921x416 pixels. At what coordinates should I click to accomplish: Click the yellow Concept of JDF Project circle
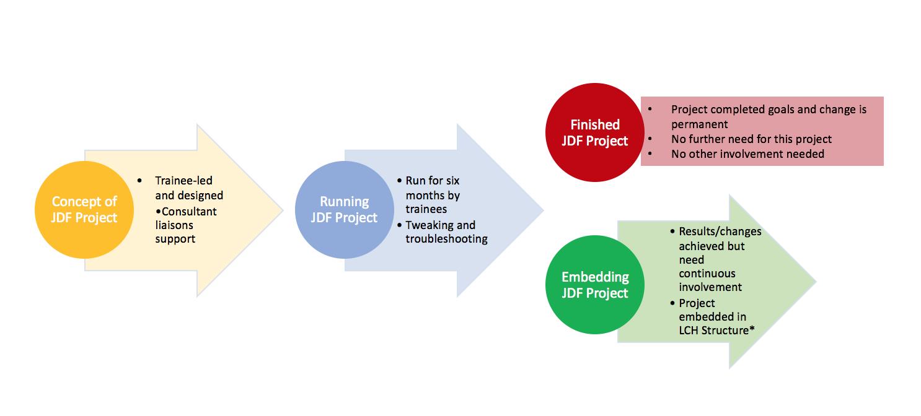[84, 210]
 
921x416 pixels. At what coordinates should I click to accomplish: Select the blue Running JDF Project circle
[345, 210]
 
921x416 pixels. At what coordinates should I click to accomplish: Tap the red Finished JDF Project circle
[594, 132]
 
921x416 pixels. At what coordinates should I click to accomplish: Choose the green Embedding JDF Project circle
[594, 284]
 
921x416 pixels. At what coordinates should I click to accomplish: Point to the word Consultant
[189, 212]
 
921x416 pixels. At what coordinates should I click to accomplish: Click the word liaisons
[174, 225]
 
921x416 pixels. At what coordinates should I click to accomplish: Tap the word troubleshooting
[446, 239]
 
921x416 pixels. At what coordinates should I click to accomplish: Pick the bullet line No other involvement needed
[747, 154]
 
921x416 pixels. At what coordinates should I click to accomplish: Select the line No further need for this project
[751, 139]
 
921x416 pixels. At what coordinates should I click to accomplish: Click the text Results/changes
[720, 232]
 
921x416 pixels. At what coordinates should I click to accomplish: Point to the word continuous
[707, 273]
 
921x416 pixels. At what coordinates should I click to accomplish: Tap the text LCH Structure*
[716, 331]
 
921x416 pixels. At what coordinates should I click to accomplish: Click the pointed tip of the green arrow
[815, 282]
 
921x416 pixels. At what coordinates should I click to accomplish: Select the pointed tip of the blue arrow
[543, 210]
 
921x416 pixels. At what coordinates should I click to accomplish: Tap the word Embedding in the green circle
[594, 277]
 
